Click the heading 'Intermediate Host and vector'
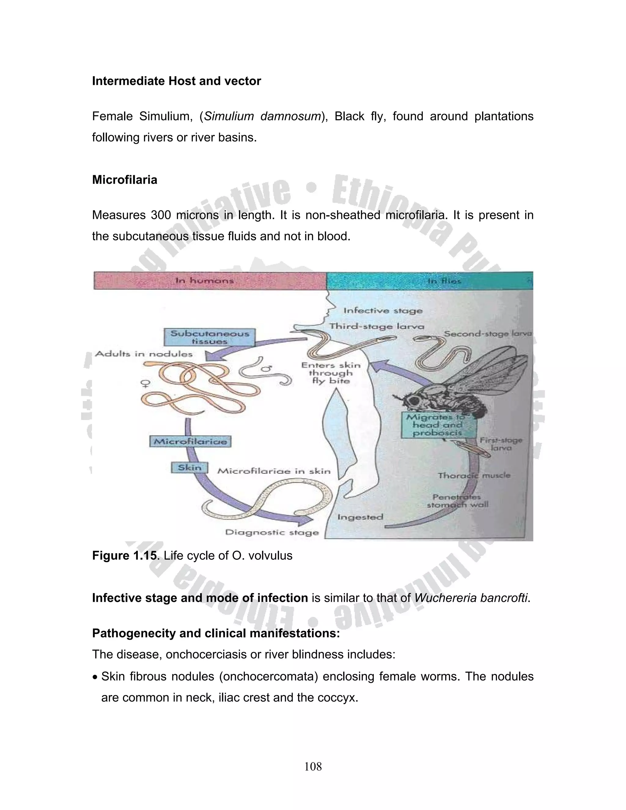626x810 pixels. (177, 81)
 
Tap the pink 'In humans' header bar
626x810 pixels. (210, 281)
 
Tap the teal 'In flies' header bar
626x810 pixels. (429, 281)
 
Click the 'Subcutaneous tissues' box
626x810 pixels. (209, 337)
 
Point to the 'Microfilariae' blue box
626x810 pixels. (190, 441)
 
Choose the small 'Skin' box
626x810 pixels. (190, 468)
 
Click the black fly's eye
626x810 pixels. (413, 400)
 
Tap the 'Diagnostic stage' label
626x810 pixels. (272, 532)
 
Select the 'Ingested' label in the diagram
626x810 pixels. (360, 517)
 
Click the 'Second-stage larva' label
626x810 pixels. (488, 334)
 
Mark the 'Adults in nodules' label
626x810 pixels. (144, 354)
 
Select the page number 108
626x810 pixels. (313, 767)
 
